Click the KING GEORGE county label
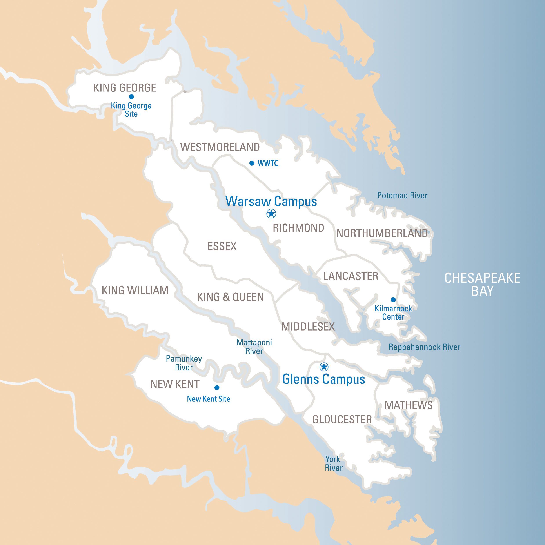coord(125,88)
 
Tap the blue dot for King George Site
coord(131,97)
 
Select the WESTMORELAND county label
coord(220,147)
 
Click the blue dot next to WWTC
coord(252,163)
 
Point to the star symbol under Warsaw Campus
coord(271,214)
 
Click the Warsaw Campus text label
coord(271,202)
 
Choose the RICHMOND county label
coord(298,228)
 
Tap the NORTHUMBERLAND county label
coord(382,233)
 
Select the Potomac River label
coord(402,196)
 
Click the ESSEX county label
coord(222,246)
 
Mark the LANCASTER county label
coord(351,276)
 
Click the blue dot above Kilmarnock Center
coord(393,300)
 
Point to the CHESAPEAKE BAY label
coord(482,284)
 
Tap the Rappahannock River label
coord(424,347)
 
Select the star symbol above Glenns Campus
coord(324,367)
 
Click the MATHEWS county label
coord(409,405)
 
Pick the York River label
coord(333,463)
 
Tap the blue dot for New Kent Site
coord(217,388)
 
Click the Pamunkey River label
coord(184,363)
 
